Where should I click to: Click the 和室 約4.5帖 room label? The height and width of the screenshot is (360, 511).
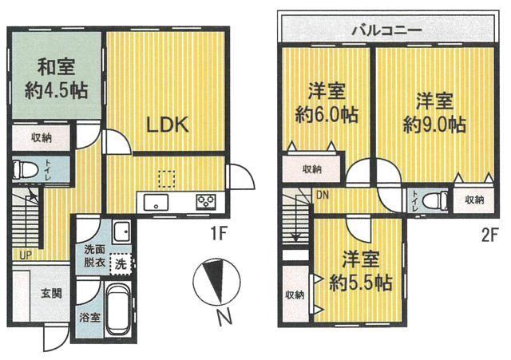click(x=56, y=78)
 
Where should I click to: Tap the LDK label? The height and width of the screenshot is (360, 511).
click(x=168, y=125)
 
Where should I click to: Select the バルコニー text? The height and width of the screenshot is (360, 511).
click(x=387, y=31)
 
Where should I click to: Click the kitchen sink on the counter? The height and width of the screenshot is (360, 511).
click(x=156, y=202)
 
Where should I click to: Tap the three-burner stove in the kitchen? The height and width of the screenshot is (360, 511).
click(x=206, y=202)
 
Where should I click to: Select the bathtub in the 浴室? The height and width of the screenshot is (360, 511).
click(x=119, y=309)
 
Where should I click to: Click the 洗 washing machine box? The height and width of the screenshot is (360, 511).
click(x=121, y=264)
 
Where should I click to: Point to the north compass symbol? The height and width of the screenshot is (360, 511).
click(x=216, y=281)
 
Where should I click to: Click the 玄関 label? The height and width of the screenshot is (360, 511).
click(x=51, y=294)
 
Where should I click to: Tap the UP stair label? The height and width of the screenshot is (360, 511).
click(x=26, y=255)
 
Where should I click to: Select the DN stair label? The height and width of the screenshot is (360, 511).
click(x=323, y=196)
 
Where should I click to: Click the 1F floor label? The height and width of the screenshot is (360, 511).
click(x=218, y=234)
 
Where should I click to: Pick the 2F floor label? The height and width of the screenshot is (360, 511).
click(x=489, y=235)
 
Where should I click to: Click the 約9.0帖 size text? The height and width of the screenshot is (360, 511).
click(x=434, y=125)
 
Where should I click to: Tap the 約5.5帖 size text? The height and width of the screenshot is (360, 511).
click(x=361, y=283)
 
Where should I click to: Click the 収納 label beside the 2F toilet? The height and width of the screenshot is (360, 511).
click(x=474, y=200)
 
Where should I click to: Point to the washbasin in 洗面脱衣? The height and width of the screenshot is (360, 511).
click(x=121, y=231)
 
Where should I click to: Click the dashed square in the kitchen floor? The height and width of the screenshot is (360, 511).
click(x=167, y=179)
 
